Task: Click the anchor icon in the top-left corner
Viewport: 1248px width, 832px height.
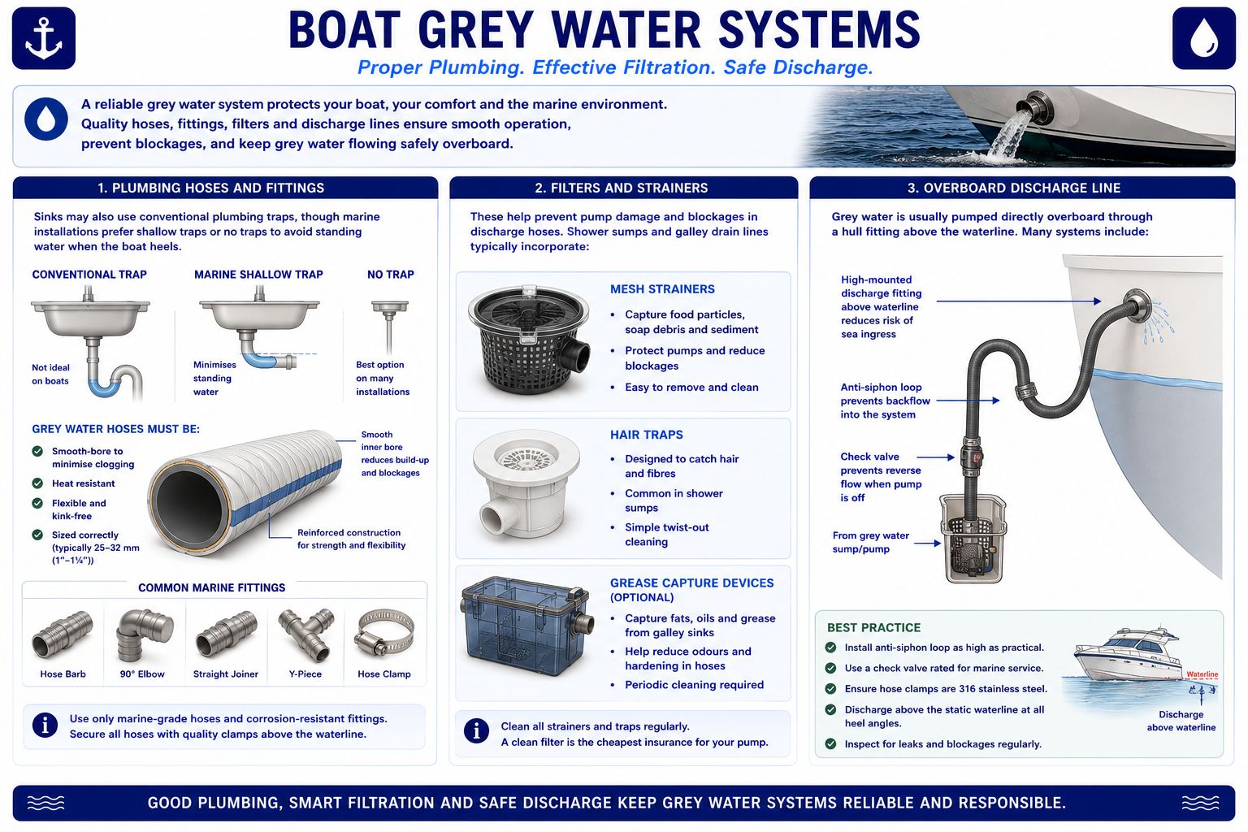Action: [x=43, y=38]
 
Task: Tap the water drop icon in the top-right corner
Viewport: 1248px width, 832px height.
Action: [x=1203, y=38]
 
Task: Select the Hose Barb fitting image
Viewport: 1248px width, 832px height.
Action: [x=63, y=635]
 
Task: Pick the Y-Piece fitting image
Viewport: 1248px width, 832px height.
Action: [x=305, y=635]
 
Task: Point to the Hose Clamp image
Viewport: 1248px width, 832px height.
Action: [x=386, y=632]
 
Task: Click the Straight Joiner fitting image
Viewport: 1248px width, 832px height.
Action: [x=226, y=635]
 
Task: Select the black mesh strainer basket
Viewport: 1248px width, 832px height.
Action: [x=528, y=340]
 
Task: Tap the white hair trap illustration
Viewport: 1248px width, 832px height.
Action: [x=526, y=483]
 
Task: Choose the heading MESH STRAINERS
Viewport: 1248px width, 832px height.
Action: [x=662, y=289]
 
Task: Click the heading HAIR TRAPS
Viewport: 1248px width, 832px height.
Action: [x=646, y=435]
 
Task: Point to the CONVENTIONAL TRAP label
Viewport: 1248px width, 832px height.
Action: [x=89, y=275]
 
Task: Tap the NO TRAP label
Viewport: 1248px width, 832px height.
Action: [x=391, y=275]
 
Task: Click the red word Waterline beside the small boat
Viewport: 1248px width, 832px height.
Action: [x=1202, y=674]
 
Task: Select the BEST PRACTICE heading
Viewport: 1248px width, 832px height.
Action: [x=873, y=627]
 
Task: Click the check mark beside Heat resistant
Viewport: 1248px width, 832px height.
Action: [x=37, y=483]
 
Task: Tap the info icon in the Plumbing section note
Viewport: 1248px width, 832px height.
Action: [x=45, y=725]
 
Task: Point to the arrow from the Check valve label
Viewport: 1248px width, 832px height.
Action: [x=935, y=457]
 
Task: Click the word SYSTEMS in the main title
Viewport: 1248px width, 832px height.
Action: [x=820, y=30]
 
